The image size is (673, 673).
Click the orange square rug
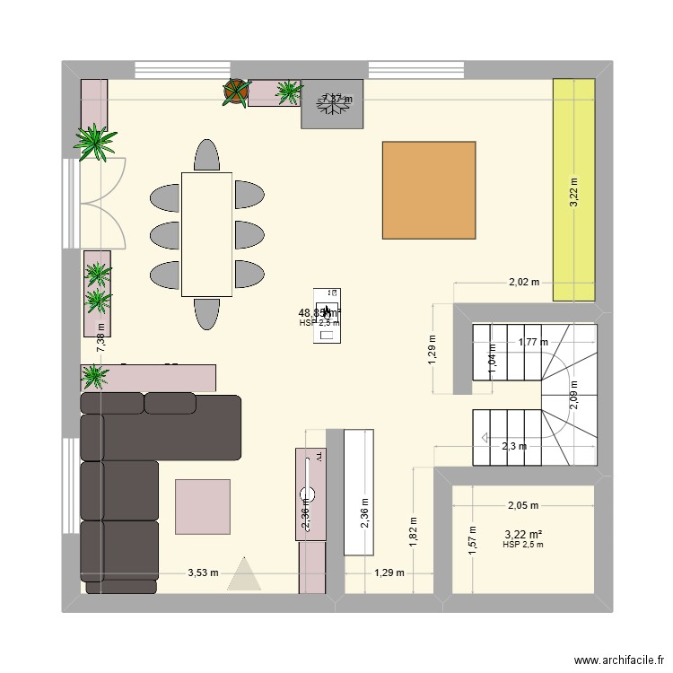click(429, 189)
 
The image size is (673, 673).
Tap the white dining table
click(206, 233)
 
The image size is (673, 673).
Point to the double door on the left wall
click(94, 202)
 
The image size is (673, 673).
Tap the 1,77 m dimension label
click(532, 341)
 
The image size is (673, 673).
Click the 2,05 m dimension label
click(523, 506)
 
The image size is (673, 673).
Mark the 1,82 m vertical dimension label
click(414, 531)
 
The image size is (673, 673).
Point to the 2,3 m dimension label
click(514, 446)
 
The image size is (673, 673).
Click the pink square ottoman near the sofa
click(202, 507)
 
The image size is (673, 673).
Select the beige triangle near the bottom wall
click(243, 574)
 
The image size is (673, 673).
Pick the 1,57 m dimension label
click(472, 540)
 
